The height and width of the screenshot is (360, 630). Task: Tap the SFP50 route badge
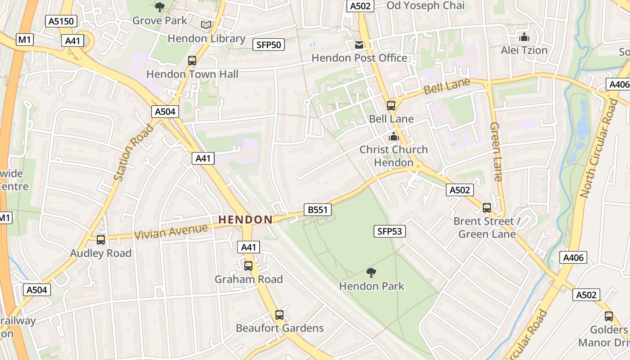[x=269, y=44]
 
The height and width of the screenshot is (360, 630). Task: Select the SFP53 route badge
[x=389, y=231]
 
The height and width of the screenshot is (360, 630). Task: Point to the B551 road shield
[x=317, y=210]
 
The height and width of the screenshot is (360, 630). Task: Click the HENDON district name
[x=245, y=220]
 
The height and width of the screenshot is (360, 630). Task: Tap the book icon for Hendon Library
[x=206, y=25]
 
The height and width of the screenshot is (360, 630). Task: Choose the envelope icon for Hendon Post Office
[x=359, y=45]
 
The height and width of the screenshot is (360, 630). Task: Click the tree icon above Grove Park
[x=160, y=7]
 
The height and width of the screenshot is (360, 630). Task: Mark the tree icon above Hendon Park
[x=371, y=272]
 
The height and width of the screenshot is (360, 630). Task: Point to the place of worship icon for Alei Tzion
[x=524, y=37]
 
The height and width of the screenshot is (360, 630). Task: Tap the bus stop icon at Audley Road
[x=101, y=240]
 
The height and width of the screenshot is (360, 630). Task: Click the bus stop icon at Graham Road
[x=248, y=266]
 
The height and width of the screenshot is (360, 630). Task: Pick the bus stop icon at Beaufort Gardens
[x=279, y=315]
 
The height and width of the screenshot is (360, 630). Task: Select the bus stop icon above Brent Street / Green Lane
[x=486, y=208]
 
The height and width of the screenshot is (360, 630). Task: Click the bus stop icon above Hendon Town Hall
[x=192, y=61]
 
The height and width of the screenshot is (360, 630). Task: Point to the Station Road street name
[x=134, y=153]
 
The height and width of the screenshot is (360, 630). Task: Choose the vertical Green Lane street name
[x=495, y=152]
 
